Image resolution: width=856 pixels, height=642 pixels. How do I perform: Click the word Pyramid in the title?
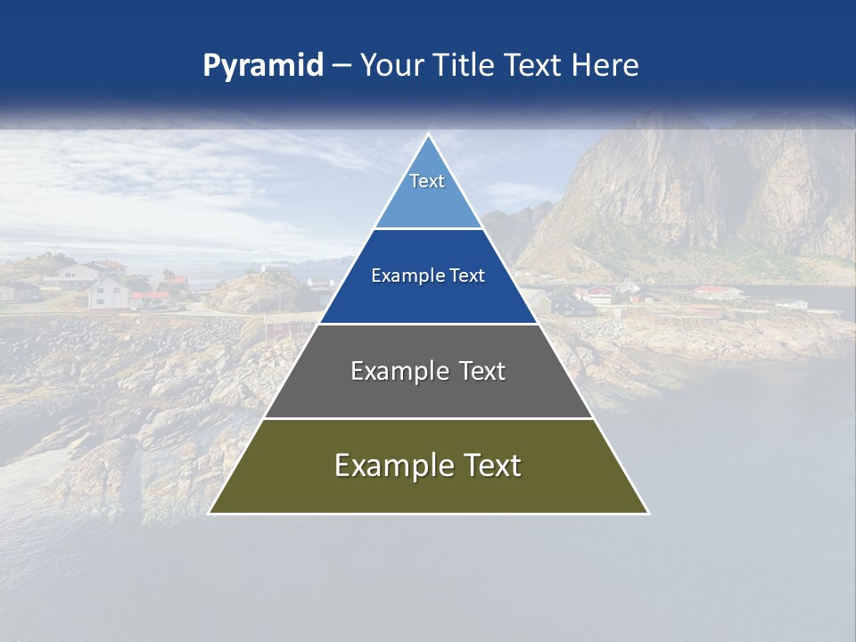coord(263,66)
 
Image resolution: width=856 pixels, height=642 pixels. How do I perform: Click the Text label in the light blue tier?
coord(427,181)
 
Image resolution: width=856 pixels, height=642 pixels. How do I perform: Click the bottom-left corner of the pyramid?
coord(210,513)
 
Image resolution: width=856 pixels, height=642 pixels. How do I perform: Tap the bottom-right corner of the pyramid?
coord(648,513)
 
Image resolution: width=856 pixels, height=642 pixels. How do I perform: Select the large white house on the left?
coord(110,292)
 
